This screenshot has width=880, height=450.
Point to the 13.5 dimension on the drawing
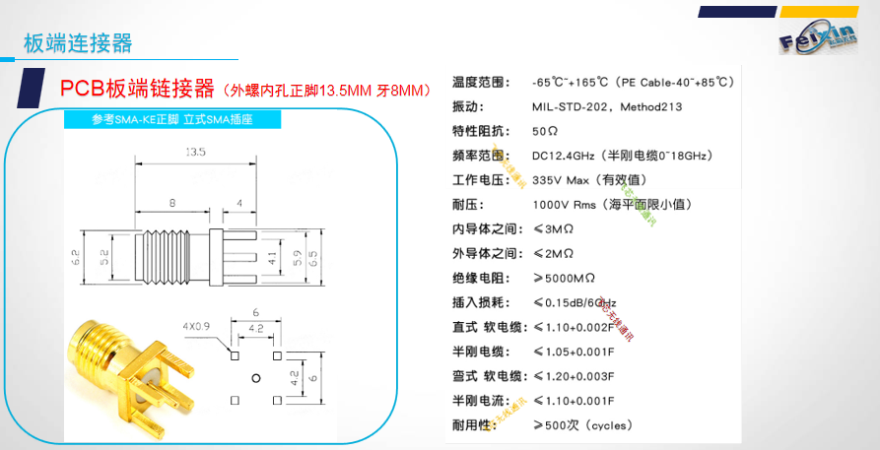[194, 153]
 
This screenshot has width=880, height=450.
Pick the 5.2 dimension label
[105, 258]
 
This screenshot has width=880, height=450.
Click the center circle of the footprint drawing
[255, 376]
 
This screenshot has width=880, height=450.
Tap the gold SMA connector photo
[126, 372]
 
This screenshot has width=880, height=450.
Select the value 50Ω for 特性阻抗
[545, 131]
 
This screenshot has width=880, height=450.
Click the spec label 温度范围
[477, 82]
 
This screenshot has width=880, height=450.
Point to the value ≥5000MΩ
[564, 278]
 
